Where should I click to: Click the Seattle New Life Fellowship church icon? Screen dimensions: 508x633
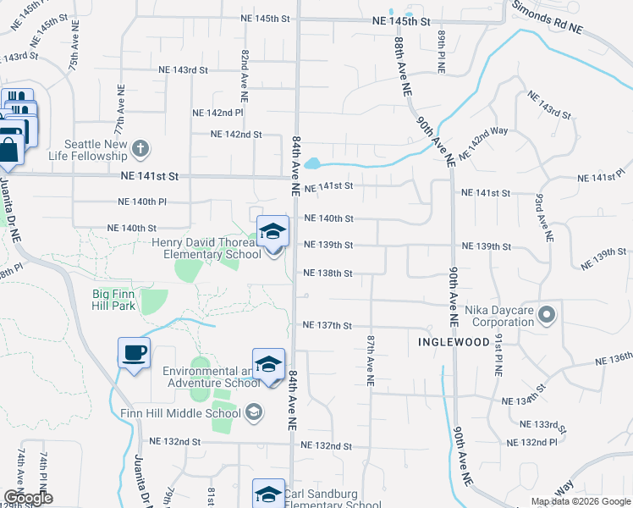tap(141, 150)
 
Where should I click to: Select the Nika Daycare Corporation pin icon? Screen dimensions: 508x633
tap(547, 316)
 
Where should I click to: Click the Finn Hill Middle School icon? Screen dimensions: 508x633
tap(252, 413)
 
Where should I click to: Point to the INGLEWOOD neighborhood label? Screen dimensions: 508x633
tap(454, 342)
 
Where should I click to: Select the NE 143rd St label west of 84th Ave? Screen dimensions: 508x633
tap(184, 71)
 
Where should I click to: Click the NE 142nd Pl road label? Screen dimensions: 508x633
tap(217, 113)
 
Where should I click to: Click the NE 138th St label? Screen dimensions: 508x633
tap(327, 273)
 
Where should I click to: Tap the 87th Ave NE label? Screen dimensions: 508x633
tap(371, 360)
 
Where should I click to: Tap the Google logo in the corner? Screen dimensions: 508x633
tap(28, 498)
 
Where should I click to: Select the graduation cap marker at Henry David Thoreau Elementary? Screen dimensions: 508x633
tap(272, 232)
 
